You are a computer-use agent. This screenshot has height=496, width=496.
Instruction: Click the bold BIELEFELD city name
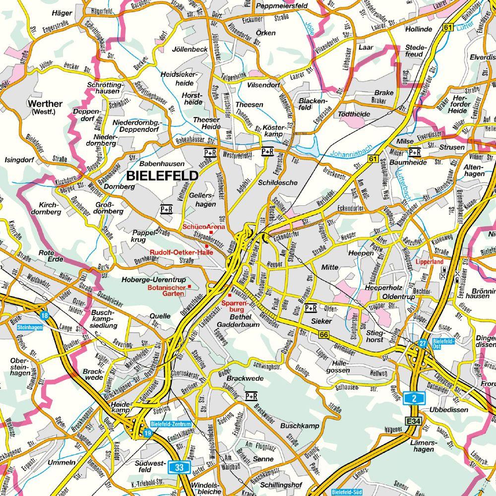tap(162, 176)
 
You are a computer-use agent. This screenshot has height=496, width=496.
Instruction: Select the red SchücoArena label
tap(203, 227)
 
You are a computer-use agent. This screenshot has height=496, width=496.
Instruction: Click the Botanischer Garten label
tap(165, 290)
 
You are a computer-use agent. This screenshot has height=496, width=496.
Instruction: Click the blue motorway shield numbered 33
tap(178, 467)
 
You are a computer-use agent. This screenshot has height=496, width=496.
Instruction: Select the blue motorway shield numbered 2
tap(413, 397)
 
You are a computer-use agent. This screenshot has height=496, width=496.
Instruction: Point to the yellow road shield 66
tap(324, 335)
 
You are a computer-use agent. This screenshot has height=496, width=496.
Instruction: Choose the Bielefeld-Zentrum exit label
tap(170, 424)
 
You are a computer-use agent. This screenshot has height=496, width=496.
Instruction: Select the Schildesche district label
tap(278, 183)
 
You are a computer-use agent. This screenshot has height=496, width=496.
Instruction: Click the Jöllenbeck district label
tap(189, 50)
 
